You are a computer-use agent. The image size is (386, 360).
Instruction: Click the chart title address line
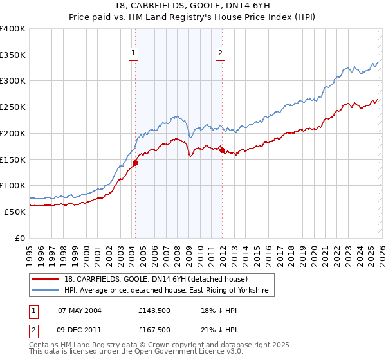point(192,6)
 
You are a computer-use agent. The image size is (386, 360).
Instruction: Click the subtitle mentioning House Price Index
point(192,17)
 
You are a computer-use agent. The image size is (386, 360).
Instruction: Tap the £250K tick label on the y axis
point(13,107)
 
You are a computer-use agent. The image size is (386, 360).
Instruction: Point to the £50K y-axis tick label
point(15,212)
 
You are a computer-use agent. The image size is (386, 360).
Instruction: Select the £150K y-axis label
point(13,159)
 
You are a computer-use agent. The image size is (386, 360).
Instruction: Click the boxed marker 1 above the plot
point(134,53)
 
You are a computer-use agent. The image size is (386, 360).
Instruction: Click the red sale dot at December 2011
point(222,150)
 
